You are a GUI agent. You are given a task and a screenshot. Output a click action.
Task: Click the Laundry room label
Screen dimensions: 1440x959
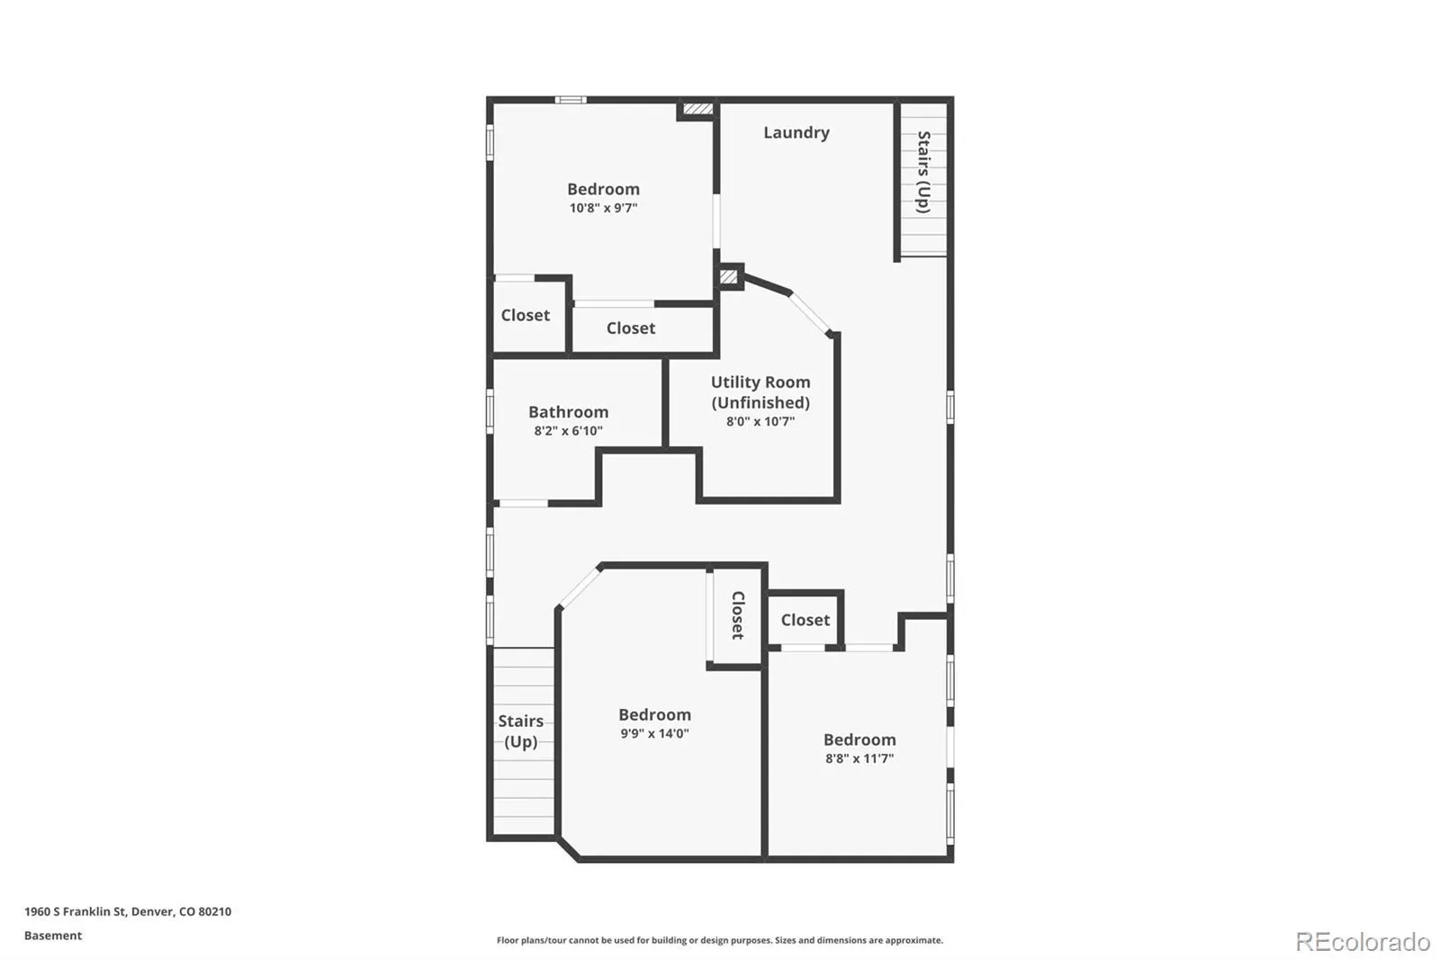(796, 132)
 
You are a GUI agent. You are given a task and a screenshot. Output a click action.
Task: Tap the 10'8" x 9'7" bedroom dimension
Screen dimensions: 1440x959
(603, 208)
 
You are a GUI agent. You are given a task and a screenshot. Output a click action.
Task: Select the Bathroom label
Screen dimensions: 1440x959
(568, 411)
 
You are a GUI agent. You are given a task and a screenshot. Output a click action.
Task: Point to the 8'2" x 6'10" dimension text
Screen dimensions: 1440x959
(568, 431)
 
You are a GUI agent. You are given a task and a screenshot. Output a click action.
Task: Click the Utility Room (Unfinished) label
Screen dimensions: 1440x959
(760, 392)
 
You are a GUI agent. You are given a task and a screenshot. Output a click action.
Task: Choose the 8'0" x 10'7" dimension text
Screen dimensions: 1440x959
(760, 421)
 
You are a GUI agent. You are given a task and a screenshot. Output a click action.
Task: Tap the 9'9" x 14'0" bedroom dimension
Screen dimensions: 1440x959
(654, 733)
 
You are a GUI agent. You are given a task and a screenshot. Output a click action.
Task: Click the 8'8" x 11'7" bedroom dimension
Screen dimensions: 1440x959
(859, 758)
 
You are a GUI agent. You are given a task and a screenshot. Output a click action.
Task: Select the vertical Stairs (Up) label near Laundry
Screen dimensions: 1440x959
(923, 172)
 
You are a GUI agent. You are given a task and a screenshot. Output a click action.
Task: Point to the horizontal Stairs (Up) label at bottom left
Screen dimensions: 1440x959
(521, 730)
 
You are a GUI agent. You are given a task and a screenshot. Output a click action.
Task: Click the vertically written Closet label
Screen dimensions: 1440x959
(738, 615)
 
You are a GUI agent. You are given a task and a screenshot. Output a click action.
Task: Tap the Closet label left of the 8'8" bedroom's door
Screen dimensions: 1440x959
(805, 620)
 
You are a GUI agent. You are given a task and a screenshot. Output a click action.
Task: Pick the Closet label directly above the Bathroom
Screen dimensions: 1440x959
(631, 327)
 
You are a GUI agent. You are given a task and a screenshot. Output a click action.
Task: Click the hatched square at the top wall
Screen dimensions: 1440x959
(698, 109)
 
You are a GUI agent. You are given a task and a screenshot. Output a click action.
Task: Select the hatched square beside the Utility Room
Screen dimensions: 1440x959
(728, 277)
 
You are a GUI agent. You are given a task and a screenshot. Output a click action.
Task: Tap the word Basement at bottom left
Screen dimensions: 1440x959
(53, 936)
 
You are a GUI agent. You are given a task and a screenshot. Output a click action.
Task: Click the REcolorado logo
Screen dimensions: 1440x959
(1363, 942)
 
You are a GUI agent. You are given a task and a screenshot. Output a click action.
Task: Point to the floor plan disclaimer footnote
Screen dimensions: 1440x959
(719, 940)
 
